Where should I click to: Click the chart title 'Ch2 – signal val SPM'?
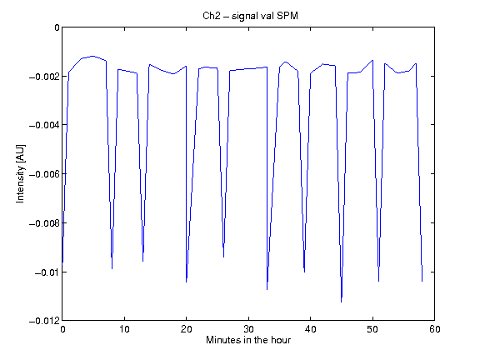click(250, 16)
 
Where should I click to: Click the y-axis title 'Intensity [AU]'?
click(21, 173)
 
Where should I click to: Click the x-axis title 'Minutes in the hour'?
click(248, 340)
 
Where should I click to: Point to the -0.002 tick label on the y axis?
click(44, 76)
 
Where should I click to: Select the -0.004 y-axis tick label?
click(44, 125)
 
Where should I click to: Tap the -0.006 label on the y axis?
click(44, 174)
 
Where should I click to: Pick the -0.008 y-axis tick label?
click(44, 223)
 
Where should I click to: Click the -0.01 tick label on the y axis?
click(47, 272)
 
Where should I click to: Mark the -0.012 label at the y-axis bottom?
click(44, 321)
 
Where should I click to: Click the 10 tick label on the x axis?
click(124, 329)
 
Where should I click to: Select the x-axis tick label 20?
click(186, 329)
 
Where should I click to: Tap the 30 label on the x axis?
click(248, 329)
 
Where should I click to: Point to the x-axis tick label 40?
click(310, 329)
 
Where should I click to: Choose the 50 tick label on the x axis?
click(372, 329)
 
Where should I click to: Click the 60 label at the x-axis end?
click(435, 329)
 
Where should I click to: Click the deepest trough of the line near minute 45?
click(342, 302)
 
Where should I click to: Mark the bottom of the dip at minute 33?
click(267, 290)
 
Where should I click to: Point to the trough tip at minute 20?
click(186, 282)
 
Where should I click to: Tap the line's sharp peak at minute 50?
click(372, 60)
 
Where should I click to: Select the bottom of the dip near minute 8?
click(112, 269)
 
